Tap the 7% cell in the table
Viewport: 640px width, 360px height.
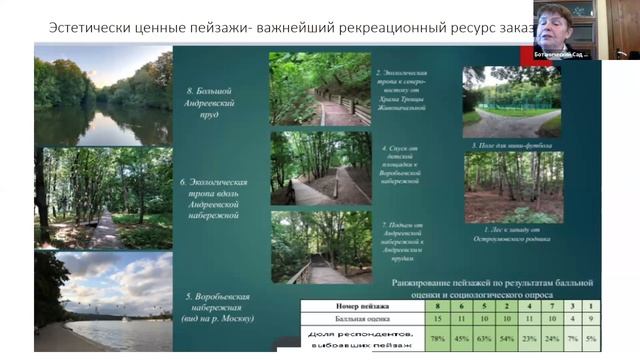[x=574, y=336]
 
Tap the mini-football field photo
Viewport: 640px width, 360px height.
[x=511, y=100]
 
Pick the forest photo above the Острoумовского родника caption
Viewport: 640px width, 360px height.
[x=511, y=187]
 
